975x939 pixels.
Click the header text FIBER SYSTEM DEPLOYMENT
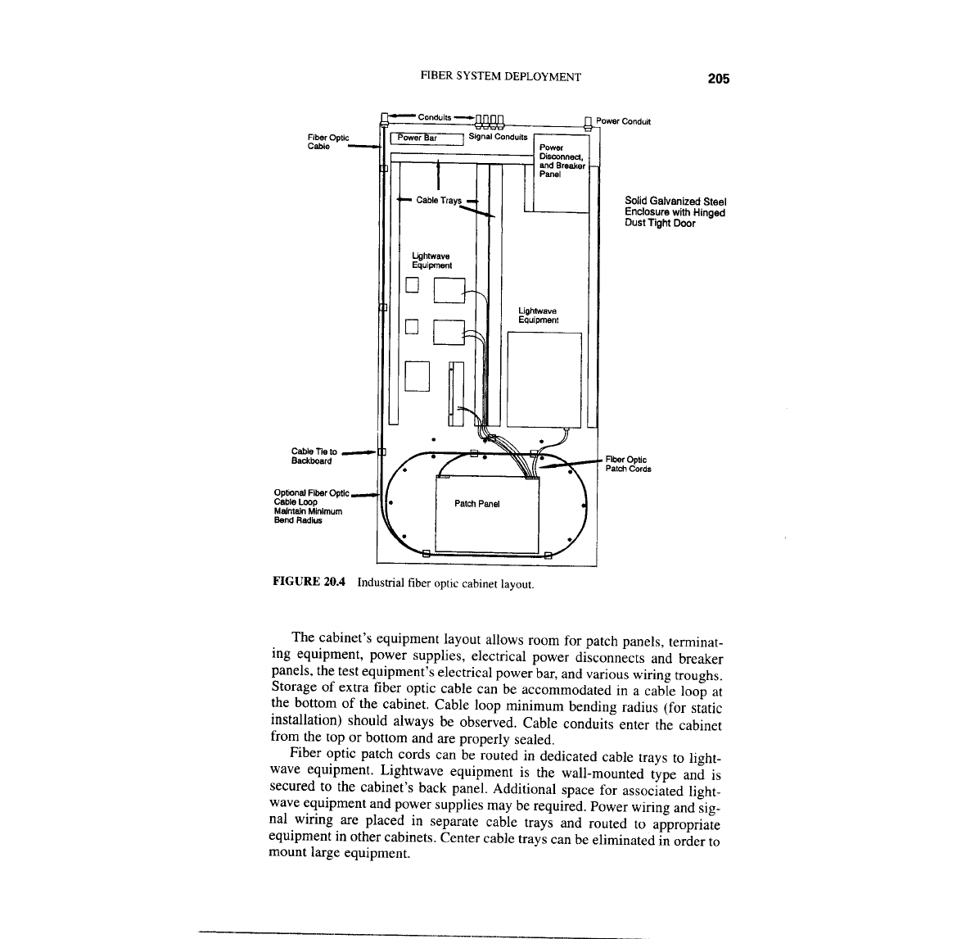[x=500, y=77]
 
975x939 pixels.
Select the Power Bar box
[x=426, y=138]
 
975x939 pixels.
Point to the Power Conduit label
[x=623, y=122]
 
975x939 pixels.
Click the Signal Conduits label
[x=498, y=137]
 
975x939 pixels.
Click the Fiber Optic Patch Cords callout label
[x=627, y=464]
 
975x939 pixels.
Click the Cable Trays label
[x=439, y=200]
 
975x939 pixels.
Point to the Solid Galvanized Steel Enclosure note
[x=675, y=211]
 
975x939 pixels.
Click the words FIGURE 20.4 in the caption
[x=309, y=583]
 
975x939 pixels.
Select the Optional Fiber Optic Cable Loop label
[x=309, y=506]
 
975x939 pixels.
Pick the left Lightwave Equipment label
[x=431, y=261]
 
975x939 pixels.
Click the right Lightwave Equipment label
[x=538, y=315]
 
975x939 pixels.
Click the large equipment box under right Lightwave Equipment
[x=544, y=379]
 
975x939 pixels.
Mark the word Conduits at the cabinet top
[x=434, y=117]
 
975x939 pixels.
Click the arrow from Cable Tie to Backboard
[x=359, y=451]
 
